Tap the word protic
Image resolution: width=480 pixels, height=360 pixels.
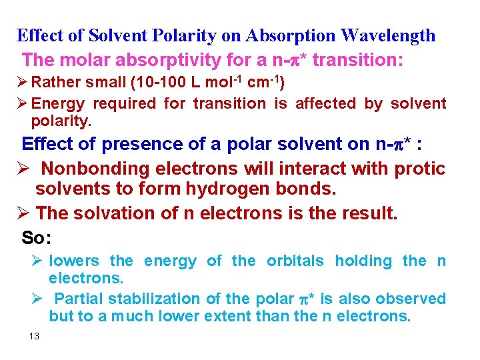(x=419, y=169)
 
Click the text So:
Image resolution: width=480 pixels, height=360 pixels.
(x=37, y=237)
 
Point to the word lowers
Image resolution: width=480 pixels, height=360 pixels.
(x=74, y=261)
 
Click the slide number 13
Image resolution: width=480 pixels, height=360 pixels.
(x=35, y=336)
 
